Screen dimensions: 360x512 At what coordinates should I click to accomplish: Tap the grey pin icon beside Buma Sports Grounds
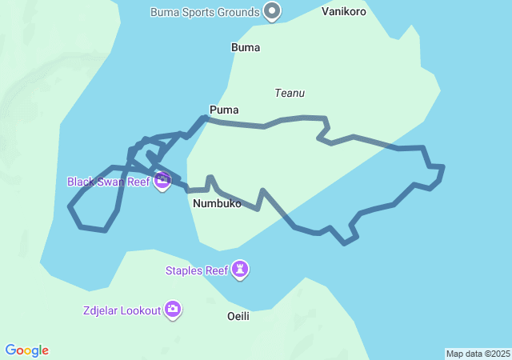coord(273,11)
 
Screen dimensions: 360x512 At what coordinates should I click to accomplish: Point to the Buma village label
coord(246,47)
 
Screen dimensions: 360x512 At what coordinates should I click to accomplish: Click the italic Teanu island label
coord(290,93)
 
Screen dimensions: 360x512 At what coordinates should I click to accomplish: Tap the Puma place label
coord(224,110)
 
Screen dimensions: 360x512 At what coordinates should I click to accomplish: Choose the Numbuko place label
coord(217,203)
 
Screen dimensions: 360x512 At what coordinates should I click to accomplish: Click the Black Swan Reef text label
coord(109,182)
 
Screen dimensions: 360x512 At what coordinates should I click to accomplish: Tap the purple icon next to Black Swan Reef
coord(162,182)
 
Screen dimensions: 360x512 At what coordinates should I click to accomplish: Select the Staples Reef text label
coord(197,270)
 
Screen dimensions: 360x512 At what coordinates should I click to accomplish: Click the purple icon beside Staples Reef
coord(240,270)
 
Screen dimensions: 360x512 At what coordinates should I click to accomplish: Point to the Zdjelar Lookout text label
coord(122,310)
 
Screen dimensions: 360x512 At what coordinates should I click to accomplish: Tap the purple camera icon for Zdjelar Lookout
coord(173,310)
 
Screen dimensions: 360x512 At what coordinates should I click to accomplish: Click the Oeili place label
coord(238,316)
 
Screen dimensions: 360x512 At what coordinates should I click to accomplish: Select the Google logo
coord(27,350)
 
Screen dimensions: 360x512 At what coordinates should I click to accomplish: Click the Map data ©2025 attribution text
coord(478,354)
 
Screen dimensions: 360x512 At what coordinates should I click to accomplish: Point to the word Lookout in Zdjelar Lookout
coord(141,310)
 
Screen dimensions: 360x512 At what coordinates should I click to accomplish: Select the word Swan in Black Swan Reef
coord(111,182)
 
